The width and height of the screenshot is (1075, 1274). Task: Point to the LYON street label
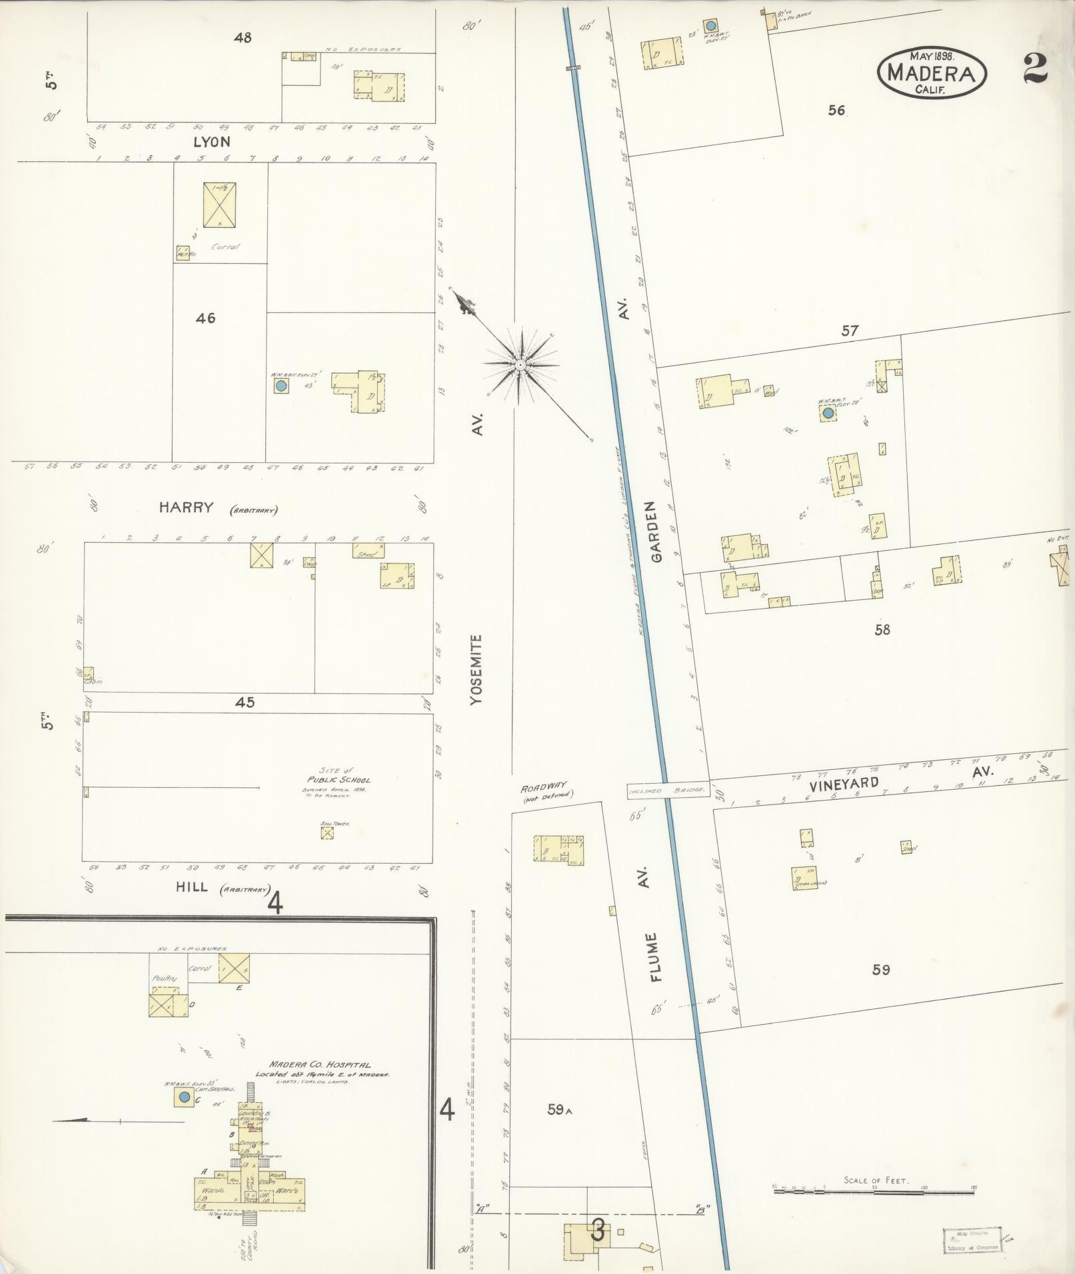point(212,142)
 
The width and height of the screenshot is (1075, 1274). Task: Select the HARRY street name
point(186,507)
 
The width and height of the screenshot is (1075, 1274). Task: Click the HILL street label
point(192,887)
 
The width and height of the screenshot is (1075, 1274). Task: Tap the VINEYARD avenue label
point(845,783)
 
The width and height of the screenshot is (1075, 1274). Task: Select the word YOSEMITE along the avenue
point(476,669)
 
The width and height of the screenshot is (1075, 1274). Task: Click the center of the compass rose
point(520,364)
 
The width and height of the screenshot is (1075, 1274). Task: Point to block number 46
point(205,318)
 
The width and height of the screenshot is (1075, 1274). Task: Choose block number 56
point(836,111)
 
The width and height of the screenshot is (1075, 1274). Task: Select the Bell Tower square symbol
point(327,832)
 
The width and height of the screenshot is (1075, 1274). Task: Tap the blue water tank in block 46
point(281,386)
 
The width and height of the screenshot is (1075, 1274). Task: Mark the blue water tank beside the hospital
point(184,1098)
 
